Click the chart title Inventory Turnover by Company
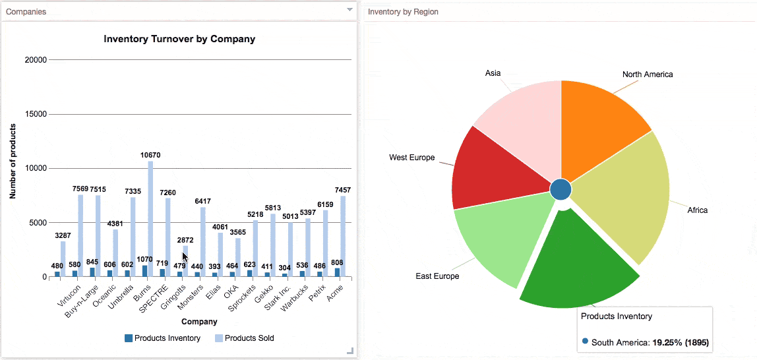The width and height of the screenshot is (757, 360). pos(179,39)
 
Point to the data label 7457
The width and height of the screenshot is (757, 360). pos(342,190)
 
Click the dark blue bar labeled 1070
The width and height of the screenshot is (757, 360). pos(144,271)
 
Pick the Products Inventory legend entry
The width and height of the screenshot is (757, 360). pos(162,338)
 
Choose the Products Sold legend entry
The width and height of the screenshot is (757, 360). pos(244,338)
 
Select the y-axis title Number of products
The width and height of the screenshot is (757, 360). pos(13,161)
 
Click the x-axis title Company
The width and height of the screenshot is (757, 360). pos(199,322)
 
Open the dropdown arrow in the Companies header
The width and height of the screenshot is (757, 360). pos(349,11)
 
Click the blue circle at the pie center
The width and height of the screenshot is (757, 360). pos(560,189)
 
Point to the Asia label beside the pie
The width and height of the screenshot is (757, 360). pos(493,73)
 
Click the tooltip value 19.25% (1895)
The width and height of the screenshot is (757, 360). pos(679,342)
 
